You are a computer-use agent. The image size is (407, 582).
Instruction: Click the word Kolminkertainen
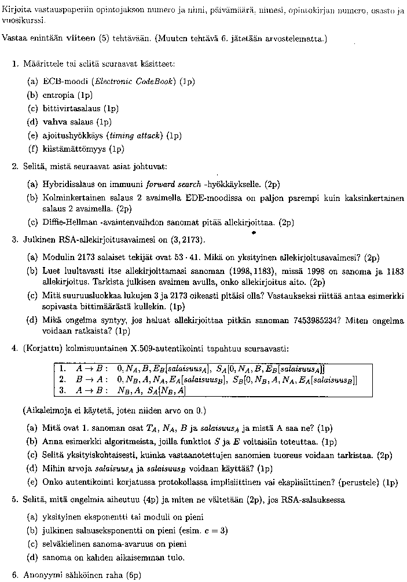(x=73, y=198)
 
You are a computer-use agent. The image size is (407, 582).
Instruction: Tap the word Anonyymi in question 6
(x=41, y=575)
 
